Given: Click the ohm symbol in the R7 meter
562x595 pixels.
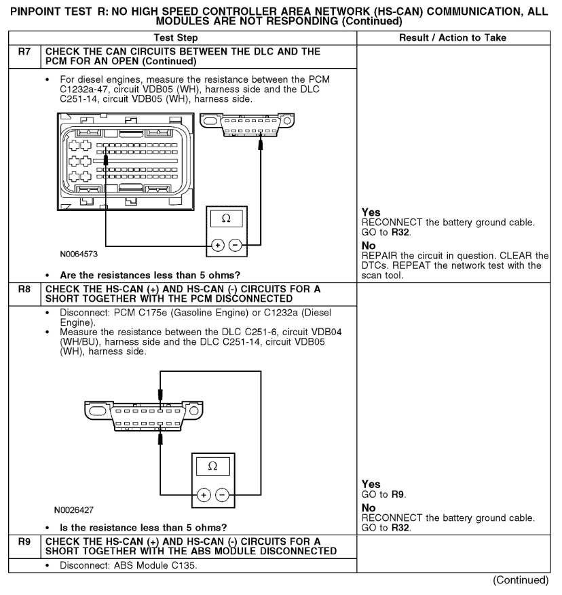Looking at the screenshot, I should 226,219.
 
